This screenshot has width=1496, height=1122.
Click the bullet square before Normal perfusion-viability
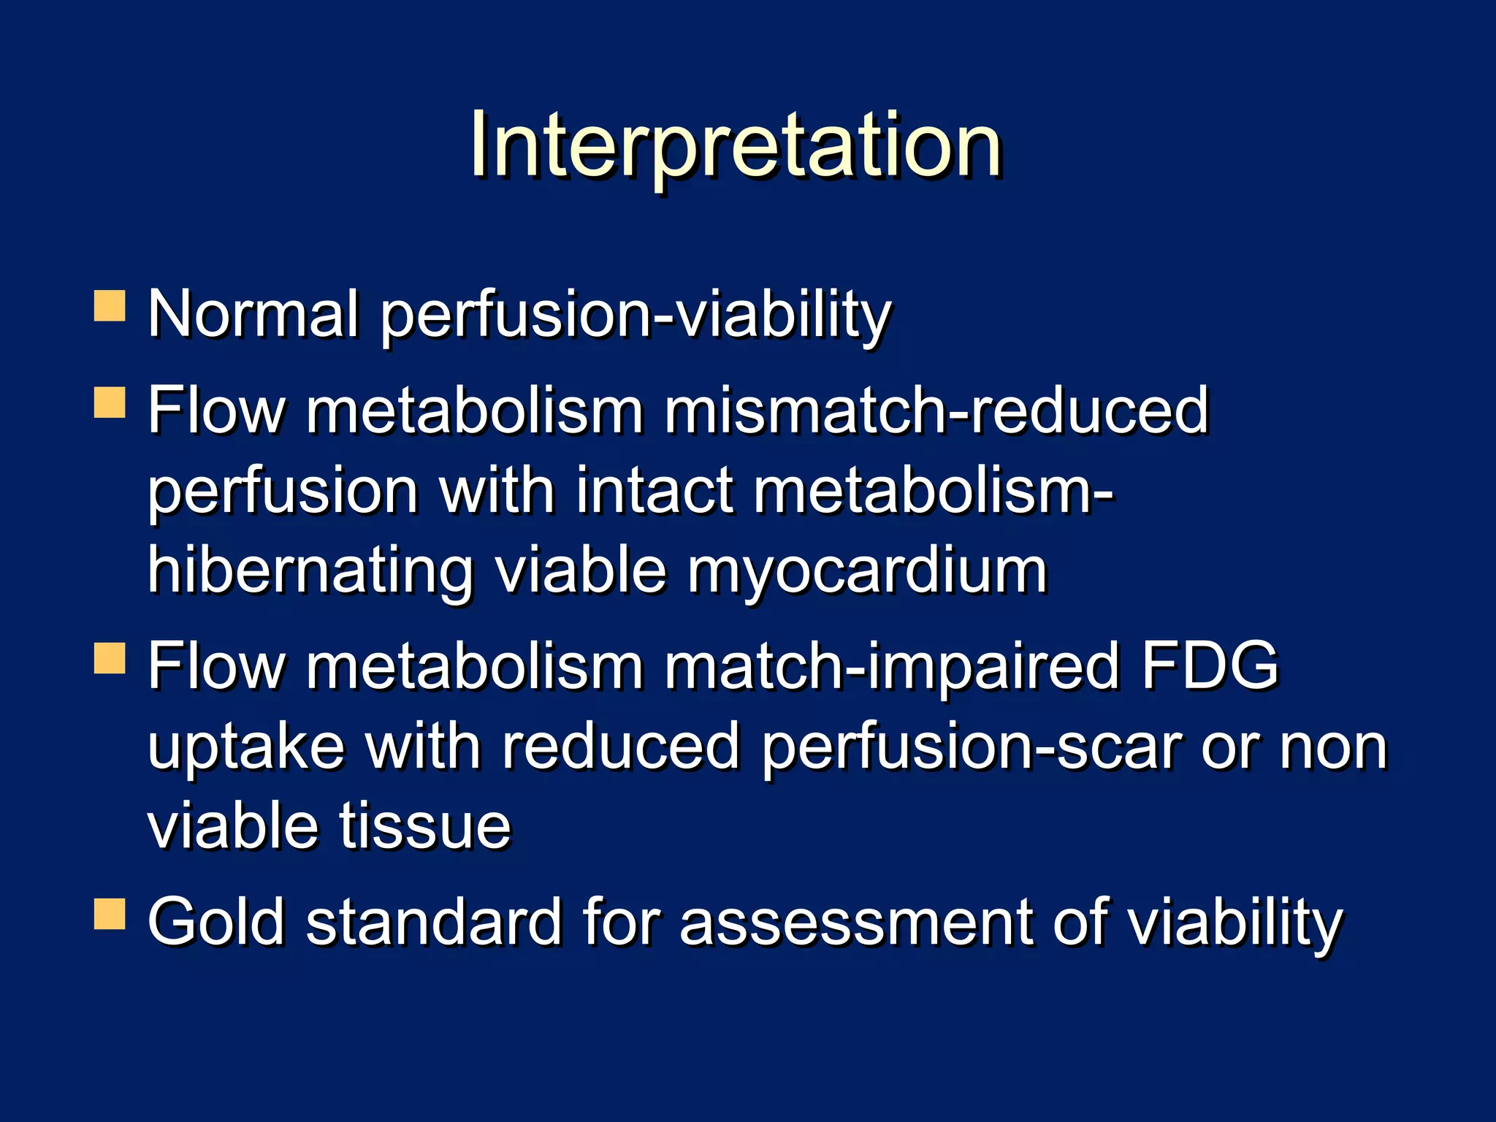pos(110,307)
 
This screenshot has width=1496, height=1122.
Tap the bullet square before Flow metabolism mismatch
pos(110,402)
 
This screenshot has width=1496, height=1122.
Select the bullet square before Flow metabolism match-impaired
pos(110,658)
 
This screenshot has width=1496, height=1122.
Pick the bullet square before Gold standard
pos(110,914)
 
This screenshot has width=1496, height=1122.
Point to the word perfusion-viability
pos(636,316)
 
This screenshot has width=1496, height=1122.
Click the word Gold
pos(216,922)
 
